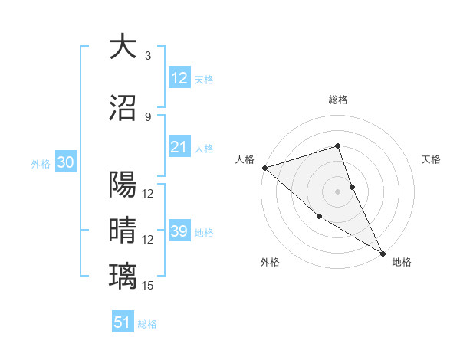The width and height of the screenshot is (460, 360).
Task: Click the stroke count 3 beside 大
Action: pos(147,56)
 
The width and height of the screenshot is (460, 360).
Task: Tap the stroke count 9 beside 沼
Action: pos(147,116)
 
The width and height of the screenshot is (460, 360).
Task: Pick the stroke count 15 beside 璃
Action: pos(148,286)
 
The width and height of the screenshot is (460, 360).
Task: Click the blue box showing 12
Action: pos(179,78)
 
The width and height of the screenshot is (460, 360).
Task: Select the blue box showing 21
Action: pos(179,147)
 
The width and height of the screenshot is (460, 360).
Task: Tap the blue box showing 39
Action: pos(179,231)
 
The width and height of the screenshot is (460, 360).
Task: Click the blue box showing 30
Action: pos(65,162)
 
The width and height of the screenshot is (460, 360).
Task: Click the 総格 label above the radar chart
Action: pos(337,100)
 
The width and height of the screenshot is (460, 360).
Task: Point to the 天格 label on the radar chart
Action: pos(432,159)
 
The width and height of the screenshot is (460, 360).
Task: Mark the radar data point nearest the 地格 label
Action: pos(383,253)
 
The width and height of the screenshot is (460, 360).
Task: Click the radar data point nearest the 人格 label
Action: pos(264,168)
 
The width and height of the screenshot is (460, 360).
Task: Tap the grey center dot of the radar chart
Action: pos(337,191)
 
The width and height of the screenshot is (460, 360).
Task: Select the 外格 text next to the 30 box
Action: pos(41,163)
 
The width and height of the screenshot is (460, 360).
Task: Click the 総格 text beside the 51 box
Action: pos(147,324)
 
